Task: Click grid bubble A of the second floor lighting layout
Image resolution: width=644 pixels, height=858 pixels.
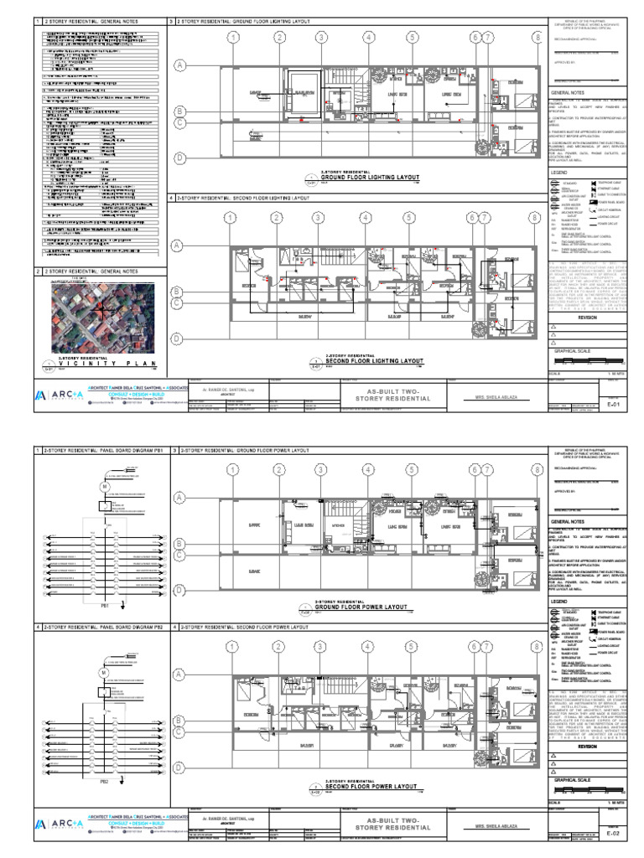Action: [178, 246]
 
